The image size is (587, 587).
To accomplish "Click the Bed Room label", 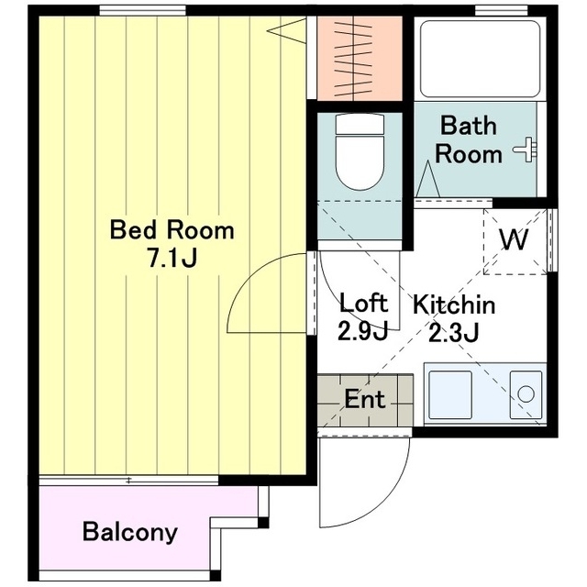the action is (172, 230).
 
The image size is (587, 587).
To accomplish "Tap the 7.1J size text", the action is (172, 259).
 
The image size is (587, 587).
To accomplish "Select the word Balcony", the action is (129, 532).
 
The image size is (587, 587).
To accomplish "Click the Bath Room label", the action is (469, 140).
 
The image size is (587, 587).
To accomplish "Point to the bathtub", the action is (481, 59).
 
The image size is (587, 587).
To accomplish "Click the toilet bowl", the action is (360, 163).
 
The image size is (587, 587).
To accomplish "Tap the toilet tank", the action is (360, 125).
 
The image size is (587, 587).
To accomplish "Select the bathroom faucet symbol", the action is (525, 150).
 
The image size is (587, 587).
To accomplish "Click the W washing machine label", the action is (514, 239).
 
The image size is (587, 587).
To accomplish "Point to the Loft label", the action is (363, 303).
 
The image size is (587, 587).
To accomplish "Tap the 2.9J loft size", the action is (362, 331).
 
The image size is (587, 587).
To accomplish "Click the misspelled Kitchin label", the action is (454, 305).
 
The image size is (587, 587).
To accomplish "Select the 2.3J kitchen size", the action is (453, 333).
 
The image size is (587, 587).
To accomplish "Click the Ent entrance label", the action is (365, 399).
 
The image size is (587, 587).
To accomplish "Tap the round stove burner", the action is (526, 394).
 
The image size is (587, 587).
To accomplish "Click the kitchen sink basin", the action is (450, 394).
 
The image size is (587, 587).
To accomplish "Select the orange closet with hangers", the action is (360, 59).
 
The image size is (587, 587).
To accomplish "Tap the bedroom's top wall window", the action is (143, 10).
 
